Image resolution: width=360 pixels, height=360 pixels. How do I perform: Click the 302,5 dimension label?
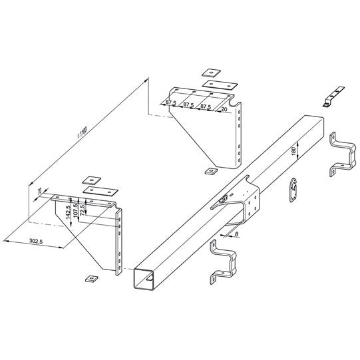(x=29, y=243)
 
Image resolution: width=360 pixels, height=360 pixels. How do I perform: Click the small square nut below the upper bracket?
(x=211, y=171)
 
